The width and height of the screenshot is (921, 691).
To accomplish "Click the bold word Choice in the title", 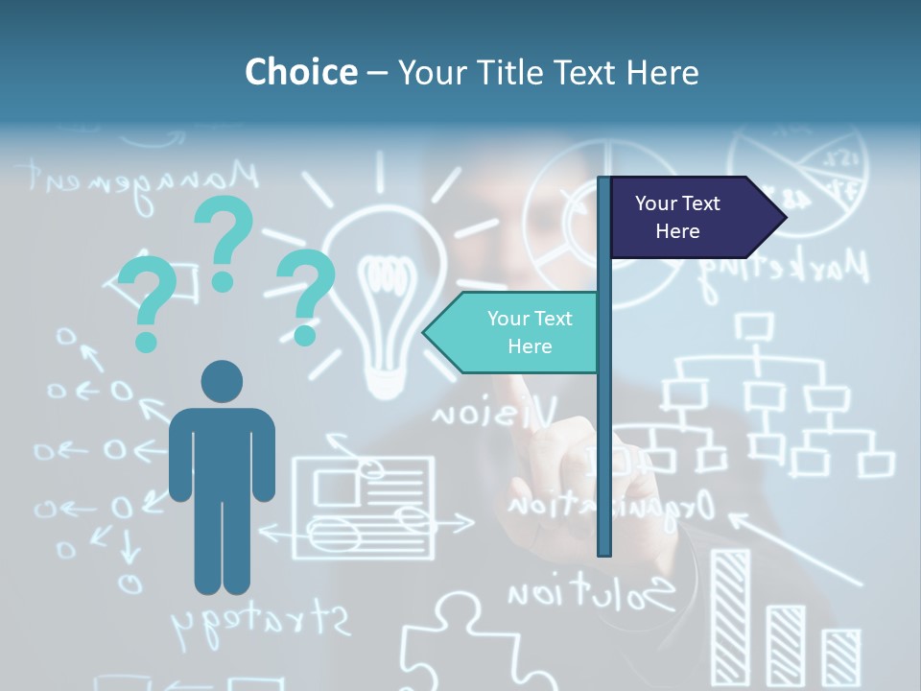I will click(300, 72).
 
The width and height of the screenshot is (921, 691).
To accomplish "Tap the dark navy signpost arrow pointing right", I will click(696, 217).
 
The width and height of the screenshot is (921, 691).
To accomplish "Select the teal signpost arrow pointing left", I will click(513, 332).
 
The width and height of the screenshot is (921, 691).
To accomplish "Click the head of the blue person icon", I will click(222, 381).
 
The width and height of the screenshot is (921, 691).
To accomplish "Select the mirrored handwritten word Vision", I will click(494, 414).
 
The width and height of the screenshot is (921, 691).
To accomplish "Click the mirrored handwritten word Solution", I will click(590, 594).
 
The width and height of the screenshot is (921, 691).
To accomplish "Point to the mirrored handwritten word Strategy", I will click(261, 622).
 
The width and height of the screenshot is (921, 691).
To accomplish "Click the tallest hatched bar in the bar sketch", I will click(730, 614).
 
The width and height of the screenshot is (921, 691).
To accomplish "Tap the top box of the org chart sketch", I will click(754, 326).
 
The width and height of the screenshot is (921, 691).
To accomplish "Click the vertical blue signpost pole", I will click(604, 432).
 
